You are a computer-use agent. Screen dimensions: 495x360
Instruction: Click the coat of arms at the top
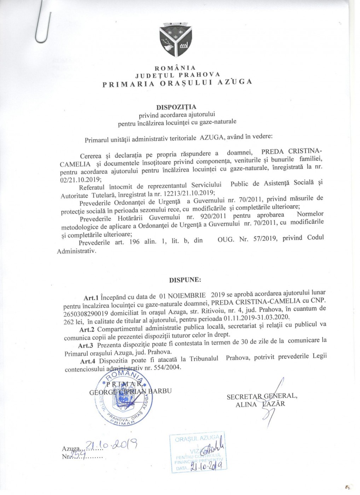pyautogui.click(x=175, y=40)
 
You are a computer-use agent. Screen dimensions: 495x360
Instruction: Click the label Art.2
pyautogui.click(x=87, y=330)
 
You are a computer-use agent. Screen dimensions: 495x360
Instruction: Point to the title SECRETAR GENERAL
pyautogui.click(x=262, y=396)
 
